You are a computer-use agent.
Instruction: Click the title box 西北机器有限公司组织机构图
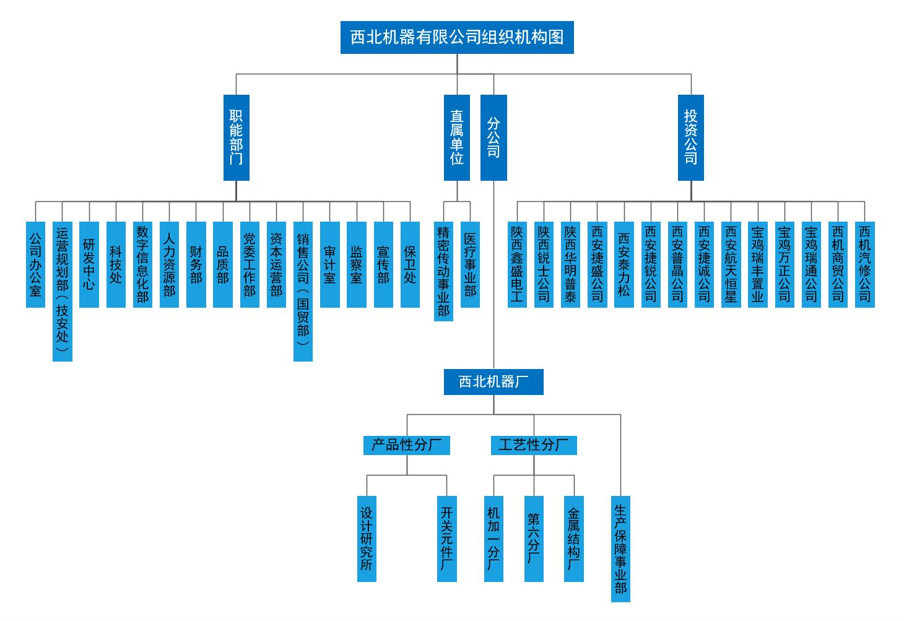click(x=457, y=37)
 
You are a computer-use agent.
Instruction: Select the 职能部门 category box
click(x=236, y=137)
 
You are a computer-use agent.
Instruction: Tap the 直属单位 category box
click(x=457, y=137)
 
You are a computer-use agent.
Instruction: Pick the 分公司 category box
click(x=493, y=137)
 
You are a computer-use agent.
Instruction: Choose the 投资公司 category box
click(x=690, y=137)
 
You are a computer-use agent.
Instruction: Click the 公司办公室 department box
click(x=35, y=264)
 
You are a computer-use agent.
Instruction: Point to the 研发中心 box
click(x=89, y=264)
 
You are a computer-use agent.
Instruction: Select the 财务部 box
click(x=196, y=264)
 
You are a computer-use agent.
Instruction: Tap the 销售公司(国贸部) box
click(x=303, y=291)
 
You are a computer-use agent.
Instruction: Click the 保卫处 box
click(x=410, y=264)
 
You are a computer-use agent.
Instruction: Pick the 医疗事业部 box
click(x=471, y=264)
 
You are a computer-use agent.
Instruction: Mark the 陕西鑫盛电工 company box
click(x=517, y=264)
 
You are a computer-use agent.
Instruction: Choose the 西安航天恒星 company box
click(x=731, y=264)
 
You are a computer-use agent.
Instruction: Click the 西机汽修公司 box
click(x=864, y=264)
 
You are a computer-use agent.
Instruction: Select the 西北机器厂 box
click(x=493, y=382)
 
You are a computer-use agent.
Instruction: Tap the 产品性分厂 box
click(x=406, y=445)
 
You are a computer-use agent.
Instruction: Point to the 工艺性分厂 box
click(x=534, y=445)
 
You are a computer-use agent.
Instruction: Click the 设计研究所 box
click(x=367, y=539)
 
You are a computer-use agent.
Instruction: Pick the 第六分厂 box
click(x=534, y=539)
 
